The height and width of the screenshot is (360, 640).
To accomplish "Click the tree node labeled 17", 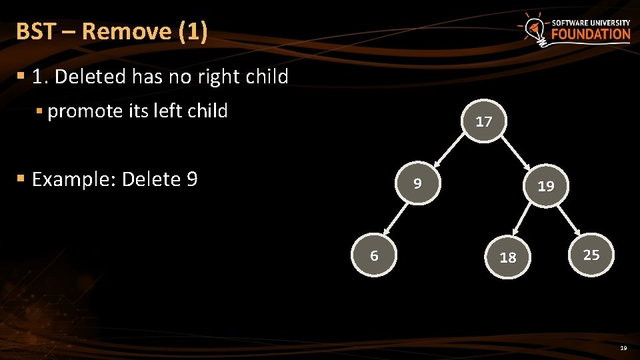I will coord(484,121).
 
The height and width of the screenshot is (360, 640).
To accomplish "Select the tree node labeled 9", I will coord(417,183).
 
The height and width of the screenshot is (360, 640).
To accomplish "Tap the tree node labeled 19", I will coord(546,186).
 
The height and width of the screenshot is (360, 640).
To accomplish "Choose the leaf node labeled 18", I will coord(508,257).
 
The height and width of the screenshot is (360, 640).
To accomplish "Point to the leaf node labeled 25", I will coord(591,255).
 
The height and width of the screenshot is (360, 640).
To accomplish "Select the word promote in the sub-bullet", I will coord(85,111).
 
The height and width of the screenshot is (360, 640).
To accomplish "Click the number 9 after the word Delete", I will coord(192,179).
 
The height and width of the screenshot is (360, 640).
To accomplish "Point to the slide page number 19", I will coord(623,348).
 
